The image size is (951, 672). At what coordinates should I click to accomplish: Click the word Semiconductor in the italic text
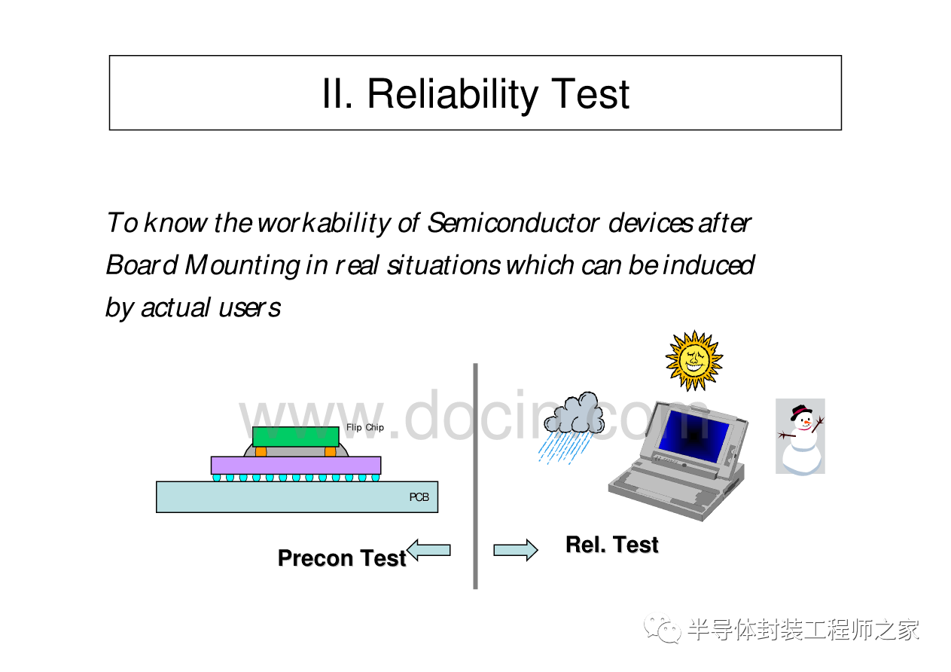click(513, 222)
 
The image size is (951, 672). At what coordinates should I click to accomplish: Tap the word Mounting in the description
click(242, 266)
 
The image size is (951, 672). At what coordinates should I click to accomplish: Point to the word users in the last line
click(250, 307)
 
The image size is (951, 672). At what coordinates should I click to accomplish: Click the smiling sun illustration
click(693, 360)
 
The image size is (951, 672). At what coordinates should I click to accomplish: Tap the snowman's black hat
click(800, 411)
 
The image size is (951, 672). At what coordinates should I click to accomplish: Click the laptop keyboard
click(663, 487)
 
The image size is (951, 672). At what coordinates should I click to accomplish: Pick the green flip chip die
click(295, 437)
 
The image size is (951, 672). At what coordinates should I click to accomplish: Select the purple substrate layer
click(296, 466)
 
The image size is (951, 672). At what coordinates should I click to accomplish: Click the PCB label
click(419, 497)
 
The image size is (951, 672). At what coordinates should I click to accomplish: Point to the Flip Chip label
click(365, 427)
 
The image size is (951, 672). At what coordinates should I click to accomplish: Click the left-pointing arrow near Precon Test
click(428, 550)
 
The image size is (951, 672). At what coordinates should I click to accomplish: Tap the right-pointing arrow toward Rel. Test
click(516, 550)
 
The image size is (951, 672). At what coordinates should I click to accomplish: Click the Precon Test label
click(342, 558)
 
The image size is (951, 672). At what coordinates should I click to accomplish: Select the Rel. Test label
click(611, 545)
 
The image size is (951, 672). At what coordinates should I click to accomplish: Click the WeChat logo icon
click(663, 628)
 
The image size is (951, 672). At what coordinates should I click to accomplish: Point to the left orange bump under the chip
click(261, 451)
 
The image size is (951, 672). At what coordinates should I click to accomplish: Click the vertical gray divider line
click(476, 476)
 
